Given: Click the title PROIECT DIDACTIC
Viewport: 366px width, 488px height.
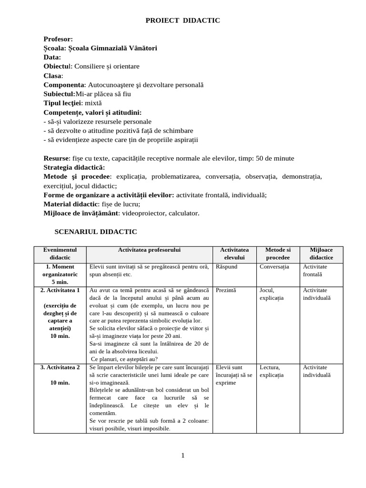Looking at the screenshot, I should (183, 20).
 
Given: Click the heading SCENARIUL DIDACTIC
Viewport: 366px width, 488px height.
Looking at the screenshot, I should (96, 232).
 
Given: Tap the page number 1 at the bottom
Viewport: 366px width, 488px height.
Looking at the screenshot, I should (183, 455).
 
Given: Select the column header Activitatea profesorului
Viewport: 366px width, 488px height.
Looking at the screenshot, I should (149, 250).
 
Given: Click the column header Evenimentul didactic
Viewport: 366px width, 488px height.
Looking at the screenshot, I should (60, 254).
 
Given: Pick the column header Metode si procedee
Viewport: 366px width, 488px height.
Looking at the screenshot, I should (278, 254).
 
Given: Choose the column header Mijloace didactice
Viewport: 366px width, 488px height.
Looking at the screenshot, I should (321, 254).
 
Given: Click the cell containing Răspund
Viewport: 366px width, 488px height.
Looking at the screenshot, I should (227, 267).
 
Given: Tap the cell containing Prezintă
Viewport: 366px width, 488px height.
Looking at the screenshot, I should (226, 290).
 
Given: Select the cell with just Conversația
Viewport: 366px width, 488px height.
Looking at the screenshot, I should (274, 267).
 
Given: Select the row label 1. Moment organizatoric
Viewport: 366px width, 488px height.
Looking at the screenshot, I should (60, 270).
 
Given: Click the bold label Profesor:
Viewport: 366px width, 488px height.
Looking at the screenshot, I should (58, 39).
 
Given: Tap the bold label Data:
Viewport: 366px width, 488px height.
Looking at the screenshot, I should (52, 57).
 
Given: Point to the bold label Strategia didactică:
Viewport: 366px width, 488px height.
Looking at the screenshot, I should (74, 167).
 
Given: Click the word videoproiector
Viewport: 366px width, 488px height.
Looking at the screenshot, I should (143, 213).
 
